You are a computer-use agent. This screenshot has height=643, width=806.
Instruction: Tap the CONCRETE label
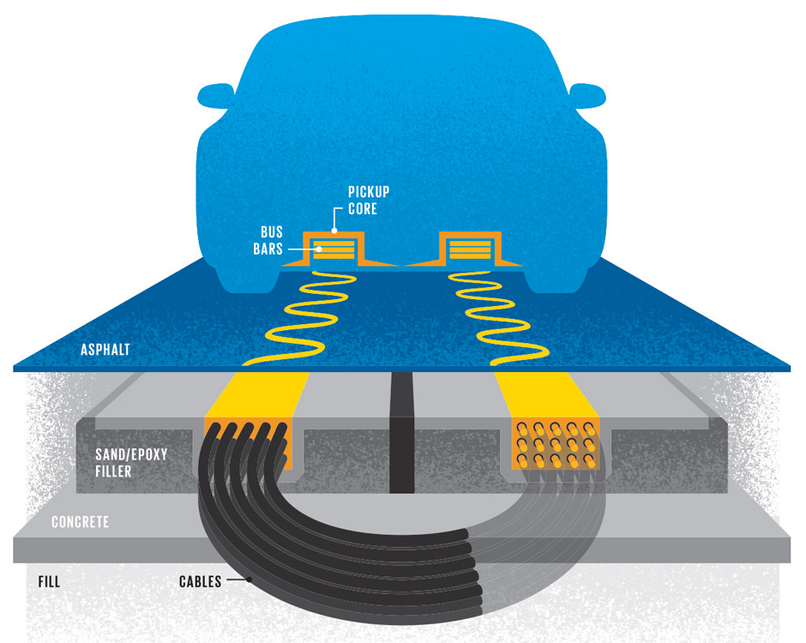point(80,521)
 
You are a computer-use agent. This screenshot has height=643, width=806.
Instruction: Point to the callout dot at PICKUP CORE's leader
point(334,231)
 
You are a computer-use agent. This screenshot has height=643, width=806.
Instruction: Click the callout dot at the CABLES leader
point(250,580)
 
